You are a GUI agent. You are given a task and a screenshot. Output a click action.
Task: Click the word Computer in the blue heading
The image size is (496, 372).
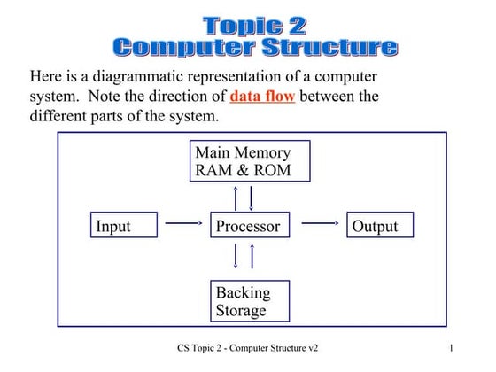click(178, 47)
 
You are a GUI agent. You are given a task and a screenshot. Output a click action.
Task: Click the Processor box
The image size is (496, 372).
click(249, 226)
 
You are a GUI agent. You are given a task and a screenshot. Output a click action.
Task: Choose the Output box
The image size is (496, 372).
click(379, 226)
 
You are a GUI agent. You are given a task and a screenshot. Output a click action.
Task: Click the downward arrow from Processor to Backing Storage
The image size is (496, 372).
click(236, 256)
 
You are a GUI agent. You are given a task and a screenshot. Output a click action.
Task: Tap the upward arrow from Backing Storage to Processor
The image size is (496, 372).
click(252, 256)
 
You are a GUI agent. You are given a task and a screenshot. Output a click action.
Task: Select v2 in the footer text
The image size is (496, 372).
click(311, 349)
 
